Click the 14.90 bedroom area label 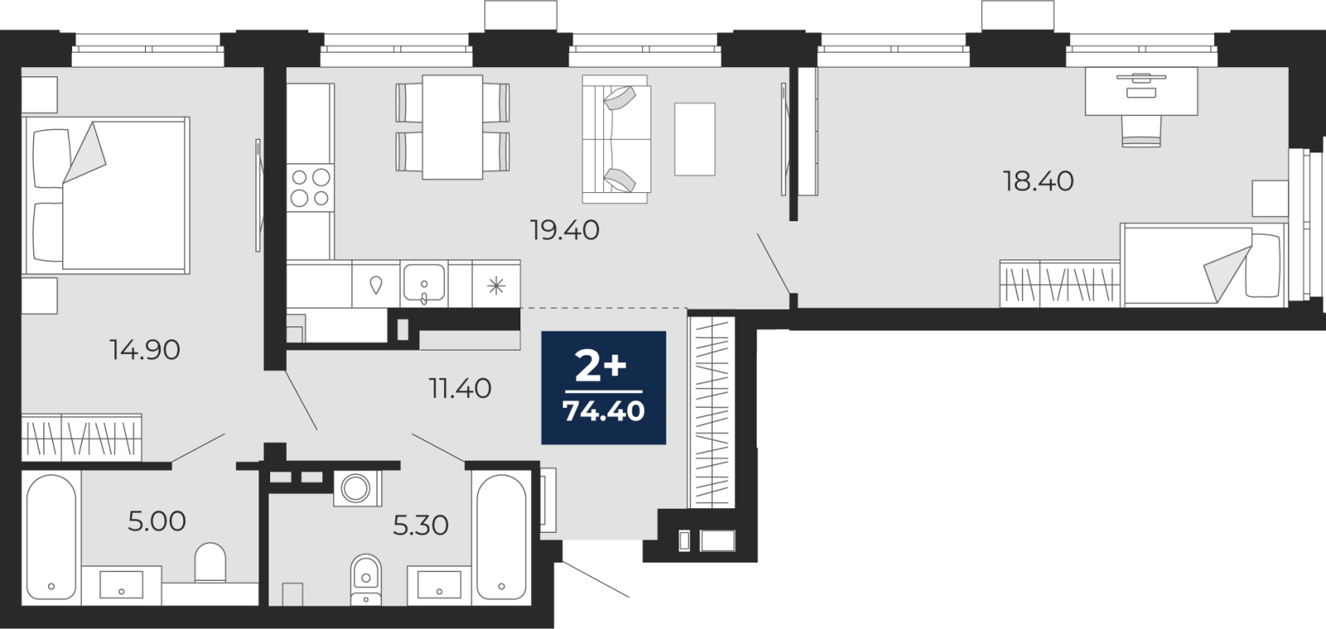(145, 351)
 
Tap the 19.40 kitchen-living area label (564, 230)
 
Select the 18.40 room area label (1038, 181)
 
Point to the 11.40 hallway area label (460, 389)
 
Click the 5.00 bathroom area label (157, 521)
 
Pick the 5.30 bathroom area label (421, 525)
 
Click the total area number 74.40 (604, 411)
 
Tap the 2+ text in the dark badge (601, 367)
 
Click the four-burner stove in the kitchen (310, 187)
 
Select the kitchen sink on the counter (423, 283)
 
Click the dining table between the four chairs (452, 127)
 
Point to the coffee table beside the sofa (695, 139)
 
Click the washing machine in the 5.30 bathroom (357, 489)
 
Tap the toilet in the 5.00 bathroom (211, 563)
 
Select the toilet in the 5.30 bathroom (365, 580)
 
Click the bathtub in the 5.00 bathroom (51, 539)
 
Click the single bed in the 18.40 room (1203, 265)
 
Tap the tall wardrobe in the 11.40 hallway (711, 413)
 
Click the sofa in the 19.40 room (617, 140)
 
